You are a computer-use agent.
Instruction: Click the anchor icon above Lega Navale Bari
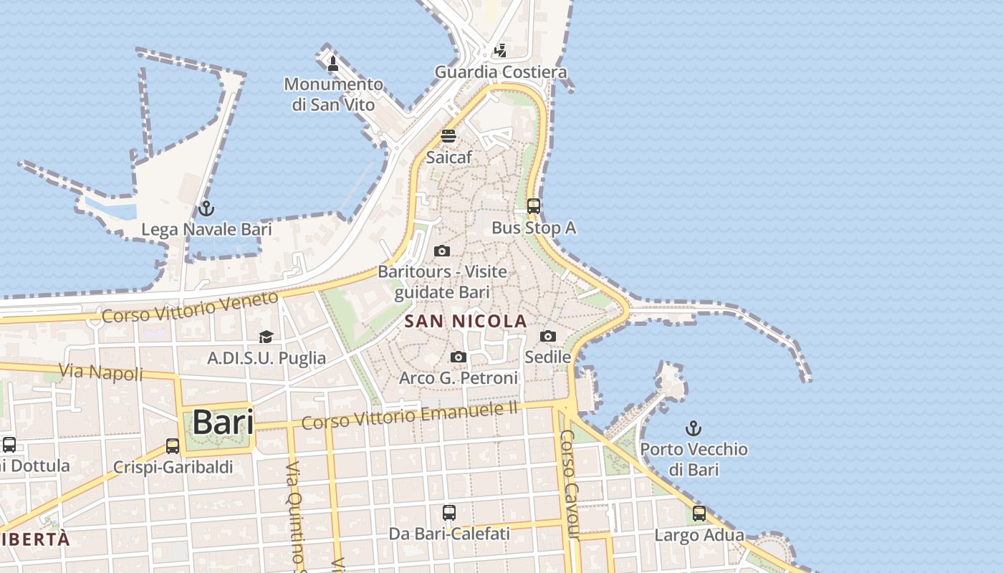tap(206, 208)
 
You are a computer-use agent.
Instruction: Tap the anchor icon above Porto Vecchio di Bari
tap(693, 428)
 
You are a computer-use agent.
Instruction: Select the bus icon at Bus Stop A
tap(534, 206)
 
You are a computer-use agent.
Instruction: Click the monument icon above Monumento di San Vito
tap(332, 63)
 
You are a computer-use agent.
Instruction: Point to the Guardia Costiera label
tap(501, 72)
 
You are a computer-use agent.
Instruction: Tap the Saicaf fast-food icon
tap(448, 136)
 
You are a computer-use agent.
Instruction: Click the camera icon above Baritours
tap(442, 251)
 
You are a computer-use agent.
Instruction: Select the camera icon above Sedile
tap(548, 336)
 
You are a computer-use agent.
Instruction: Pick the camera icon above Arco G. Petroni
tap(459, 357)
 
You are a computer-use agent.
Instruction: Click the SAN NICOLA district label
tap(466, 322)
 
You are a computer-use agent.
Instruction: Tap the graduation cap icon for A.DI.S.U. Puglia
tap(267, 337)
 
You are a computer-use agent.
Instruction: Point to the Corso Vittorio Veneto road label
tap(190, 307)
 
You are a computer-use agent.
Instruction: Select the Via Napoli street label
tap(101, 372)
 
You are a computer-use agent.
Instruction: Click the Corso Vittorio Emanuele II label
tap(409, 415)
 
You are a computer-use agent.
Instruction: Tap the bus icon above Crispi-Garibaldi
tap(173, 446)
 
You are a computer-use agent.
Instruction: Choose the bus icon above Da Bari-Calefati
tap(449, 513)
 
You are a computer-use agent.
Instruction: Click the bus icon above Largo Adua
tap(699, 514)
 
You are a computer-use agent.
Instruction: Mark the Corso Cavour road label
tap(570, 484)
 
